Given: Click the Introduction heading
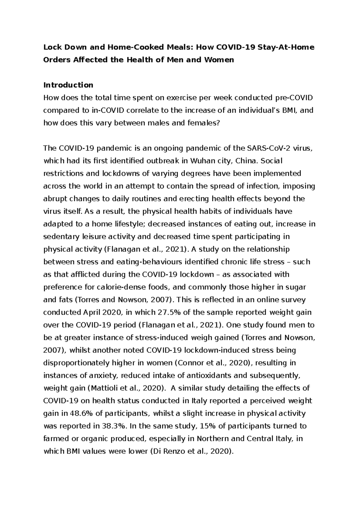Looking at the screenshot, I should pyautogui.click(x=68, y=85).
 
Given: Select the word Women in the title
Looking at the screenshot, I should pyautogui.click(x=219, y=60).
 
